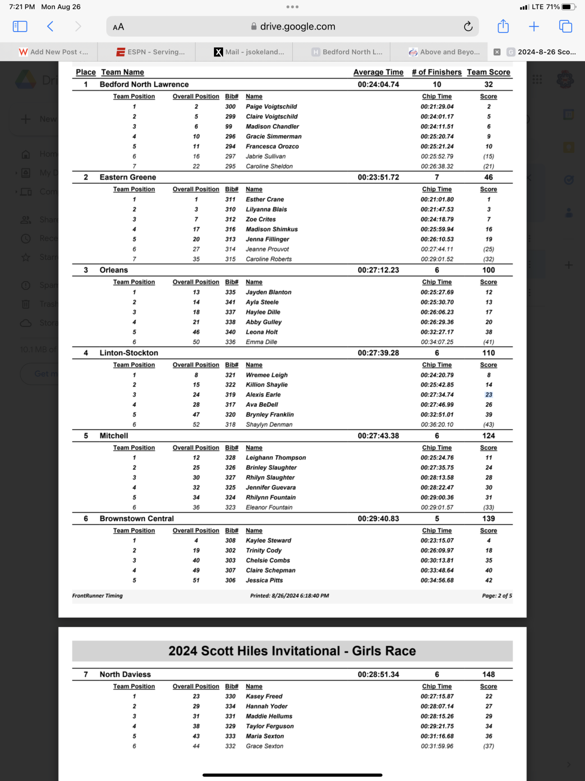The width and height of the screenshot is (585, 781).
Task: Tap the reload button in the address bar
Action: click(468, 26)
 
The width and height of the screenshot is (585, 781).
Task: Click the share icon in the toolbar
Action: click(503, 26)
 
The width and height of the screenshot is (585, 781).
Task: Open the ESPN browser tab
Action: click(151, 52)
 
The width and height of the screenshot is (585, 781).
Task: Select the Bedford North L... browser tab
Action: click(347, 52)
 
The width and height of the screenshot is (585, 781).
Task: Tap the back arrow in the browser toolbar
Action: click(50, 26)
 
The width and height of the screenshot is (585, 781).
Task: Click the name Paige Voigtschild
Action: click(271, 107)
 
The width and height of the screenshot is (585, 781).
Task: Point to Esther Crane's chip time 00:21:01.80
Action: click(437, 199)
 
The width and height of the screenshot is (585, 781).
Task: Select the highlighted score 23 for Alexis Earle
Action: click(488, 395)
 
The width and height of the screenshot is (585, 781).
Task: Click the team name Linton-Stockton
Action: click(129, 353)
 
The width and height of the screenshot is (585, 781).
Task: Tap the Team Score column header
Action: click(488, 72)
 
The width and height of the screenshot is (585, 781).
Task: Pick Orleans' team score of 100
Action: click(488, 270)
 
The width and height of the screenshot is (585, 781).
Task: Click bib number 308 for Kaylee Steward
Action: click(230, 540)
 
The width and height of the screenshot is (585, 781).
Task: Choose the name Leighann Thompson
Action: click(275, 458)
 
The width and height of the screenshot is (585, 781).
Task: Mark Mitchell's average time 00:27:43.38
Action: click(378, 436)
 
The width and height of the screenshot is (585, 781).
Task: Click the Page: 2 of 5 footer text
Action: click(497, 595)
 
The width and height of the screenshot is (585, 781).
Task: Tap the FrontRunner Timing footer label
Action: click(98, 595)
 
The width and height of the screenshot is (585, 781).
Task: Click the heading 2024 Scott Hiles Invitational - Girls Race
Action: click(292, 651)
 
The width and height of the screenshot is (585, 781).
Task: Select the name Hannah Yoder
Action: click(266, 706)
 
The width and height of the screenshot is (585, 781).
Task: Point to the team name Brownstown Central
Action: click(136, 519)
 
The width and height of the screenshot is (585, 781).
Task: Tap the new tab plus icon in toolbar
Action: click(534, 26)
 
